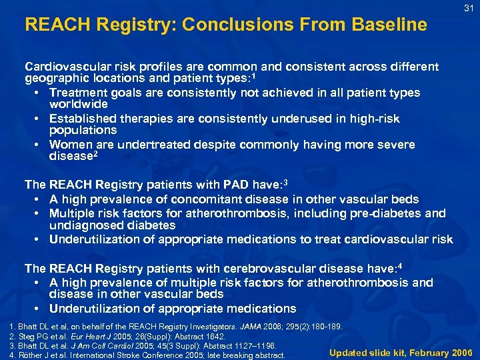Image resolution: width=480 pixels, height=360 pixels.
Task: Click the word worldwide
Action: pyautogui.click(x=78, y=105)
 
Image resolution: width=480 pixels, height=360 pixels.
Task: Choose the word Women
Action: pyautogui.click(x=69, y=145)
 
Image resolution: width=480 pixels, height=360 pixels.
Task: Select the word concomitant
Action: pyautogui.click(x=212, y=199)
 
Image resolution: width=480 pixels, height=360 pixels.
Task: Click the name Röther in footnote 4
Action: pyautogui.click(x=25, y=355)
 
